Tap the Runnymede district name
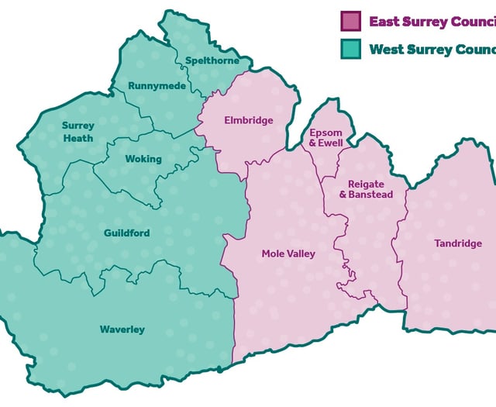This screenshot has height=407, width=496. (157, 86)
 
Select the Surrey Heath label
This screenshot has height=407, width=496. (78, 132)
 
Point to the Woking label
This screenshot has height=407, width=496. (143, 159)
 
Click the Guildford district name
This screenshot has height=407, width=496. (127, 233)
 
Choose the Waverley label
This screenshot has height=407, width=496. (122, 329)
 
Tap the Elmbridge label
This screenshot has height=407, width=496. (249, 121)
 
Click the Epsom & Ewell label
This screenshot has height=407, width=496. (325, 138)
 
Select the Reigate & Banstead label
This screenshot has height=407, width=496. (366, 189)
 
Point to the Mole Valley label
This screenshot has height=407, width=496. (288, 254)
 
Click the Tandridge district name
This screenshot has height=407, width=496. (458, 243)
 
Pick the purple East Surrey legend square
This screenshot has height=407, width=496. (351, 20)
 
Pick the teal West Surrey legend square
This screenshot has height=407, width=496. (351, 49)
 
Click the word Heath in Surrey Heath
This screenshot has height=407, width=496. (78, 138)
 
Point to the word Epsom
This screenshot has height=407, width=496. (326, 133)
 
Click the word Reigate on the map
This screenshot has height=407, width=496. (366, 184)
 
